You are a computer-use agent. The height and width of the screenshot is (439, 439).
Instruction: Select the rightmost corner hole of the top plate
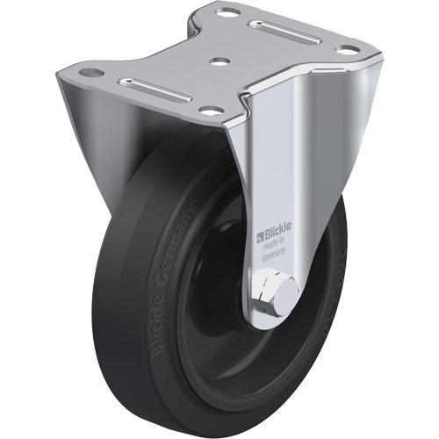point(349,50)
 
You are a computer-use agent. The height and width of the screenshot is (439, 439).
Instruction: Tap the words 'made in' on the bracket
point(276,247)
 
